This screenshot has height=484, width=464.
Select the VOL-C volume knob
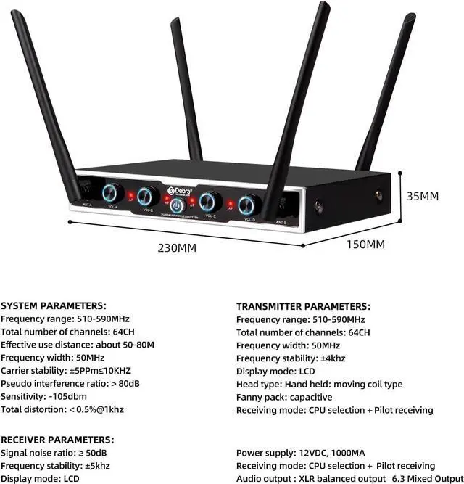pyautogui.click(x=211, y=200)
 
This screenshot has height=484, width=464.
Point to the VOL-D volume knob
pyautogui.click(x=249, y=204)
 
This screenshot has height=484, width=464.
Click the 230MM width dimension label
pyautogui.click(x=177, y=247)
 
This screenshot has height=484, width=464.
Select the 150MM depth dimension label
pyautogui.click(x=365, y=244)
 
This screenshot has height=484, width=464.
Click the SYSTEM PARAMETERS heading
pyautogui.click(x=54, y=306)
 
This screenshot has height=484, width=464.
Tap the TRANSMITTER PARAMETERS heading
pyautogui.click(x=303, y=307)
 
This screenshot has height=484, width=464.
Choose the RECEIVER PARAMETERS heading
pyautogui.click(x=57, y=440)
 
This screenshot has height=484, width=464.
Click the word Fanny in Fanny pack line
pyautogui.click(x=251, y=397)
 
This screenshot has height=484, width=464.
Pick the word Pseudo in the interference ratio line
pyautogui.click(x=17, y=384)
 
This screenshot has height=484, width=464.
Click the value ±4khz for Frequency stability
pyautogui.click(x=333, y=358)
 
